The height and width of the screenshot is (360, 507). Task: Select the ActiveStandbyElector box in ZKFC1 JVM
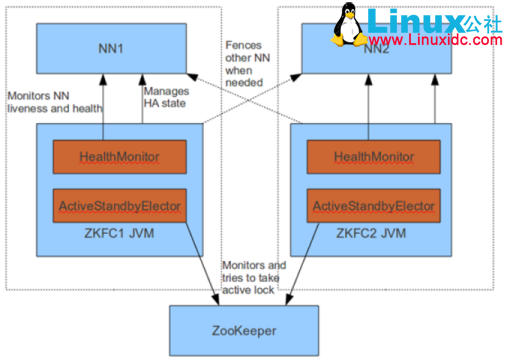pyautogui.click(x=120, y=206)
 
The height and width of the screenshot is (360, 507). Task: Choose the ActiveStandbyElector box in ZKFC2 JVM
pyautogui.click(x=371, y=206)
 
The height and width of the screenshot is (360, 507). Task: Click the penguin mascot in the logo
pyautogui.click(x=347, y=22)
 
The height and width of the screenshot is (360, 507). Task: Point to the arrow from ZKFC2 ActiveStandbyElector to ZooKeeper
pyautogui.click(x=300, y=260)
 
